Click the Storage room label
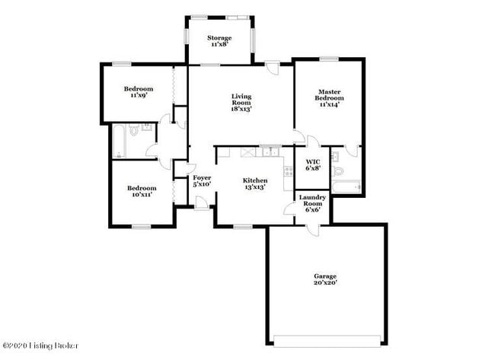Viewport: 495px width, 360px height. click(x=220, y=38)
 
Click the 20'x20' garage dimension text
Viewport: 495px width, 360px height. click(x=325, y=282)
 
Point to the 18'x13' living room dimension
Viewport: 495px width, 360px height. click(x=241, y=109)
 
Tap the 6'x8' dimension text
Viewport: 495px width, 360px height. click(x=312, y=169)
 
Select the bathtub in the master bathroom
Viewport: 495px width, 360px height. click(x=346, y=186)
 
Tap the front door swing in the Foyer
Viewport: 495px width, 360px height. click(x=201, y=202)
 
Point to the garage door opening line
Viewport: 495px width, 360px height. click(x=325, y=338)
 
